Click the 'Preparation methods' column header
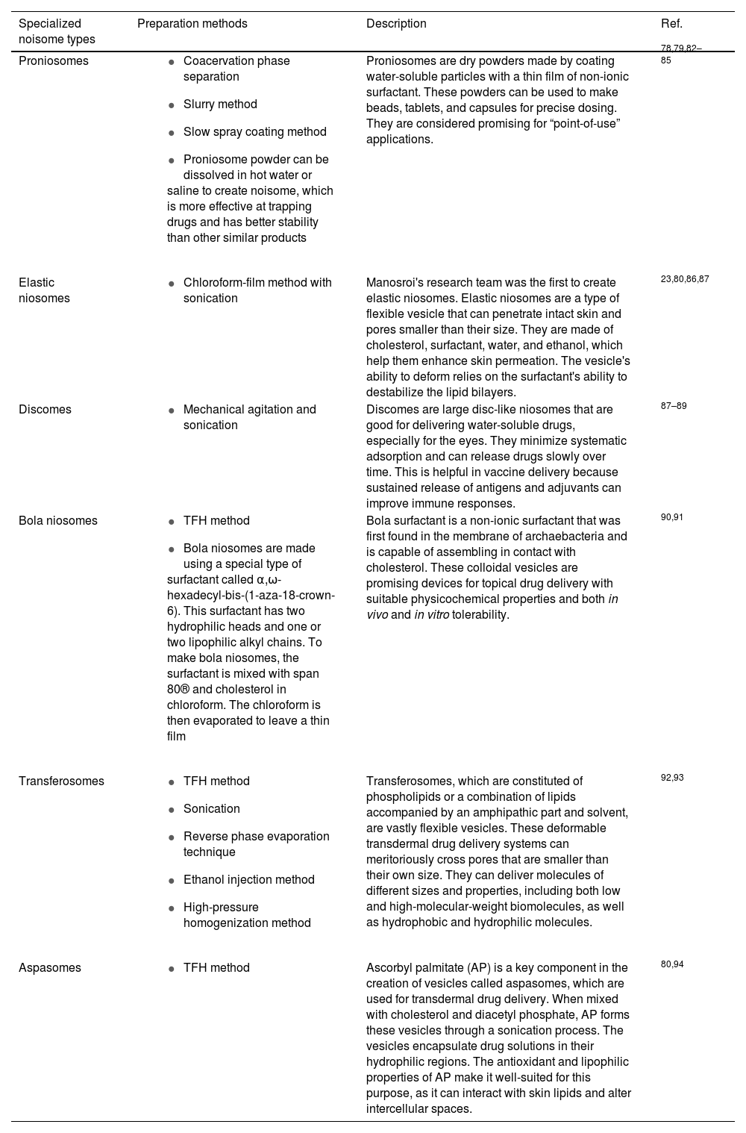[x=192, y=24]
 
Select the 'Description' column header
[x=396, y=24]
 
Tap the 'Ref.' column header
[x=671, y=24]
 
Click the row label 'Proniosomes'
[x=53, y=61]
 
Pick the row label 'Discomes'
[x=45, y=410]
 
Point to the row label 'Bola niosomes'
[x=57, y=521]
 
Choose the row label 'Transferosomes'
[x=61, y=781]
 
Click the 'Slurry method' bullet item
[x=220, y=104]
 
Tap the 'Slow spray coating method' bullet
[x=254, y=132]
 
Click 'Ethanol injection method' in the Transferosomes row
[x=248, y=880]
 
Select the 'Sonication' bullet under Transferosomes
[x=211, y=809]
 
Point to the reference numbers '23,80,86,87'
[x=685, y=279]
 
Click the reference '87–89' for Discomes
[x=674, y=406]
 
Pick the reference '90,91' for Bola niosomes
[x=671, y=517]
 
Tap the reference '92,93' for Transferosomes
[x=671, y=778]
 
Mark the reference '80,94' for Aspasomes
[x=671, y=964]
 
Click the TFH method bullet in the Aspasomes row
[x=216, y=968]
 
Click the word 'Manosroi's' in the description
[x=397, y=283]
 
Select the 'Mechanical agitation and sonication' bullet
[x=249, y=417]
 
